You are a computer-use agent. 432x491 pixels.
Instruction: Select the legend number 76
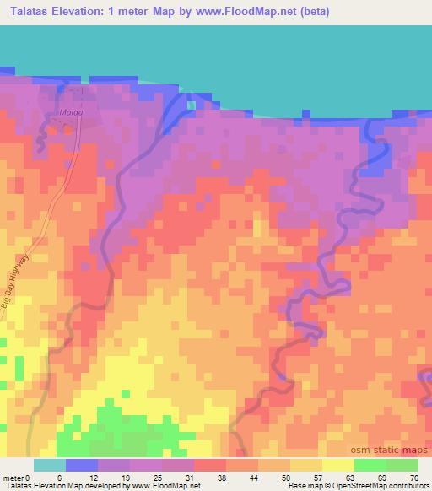tap(414, 477)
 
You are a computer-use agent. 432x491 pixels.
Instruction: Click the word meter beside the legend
tap(14, 477)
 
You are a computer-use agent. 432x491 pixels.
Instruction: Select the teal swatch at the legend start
tap(50, 465)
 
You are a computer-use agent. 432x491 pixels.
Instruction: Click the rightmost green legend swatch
tap(402, 465)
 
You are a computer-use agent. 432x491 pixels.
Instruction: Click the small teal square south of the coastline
tap(192, 105)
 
